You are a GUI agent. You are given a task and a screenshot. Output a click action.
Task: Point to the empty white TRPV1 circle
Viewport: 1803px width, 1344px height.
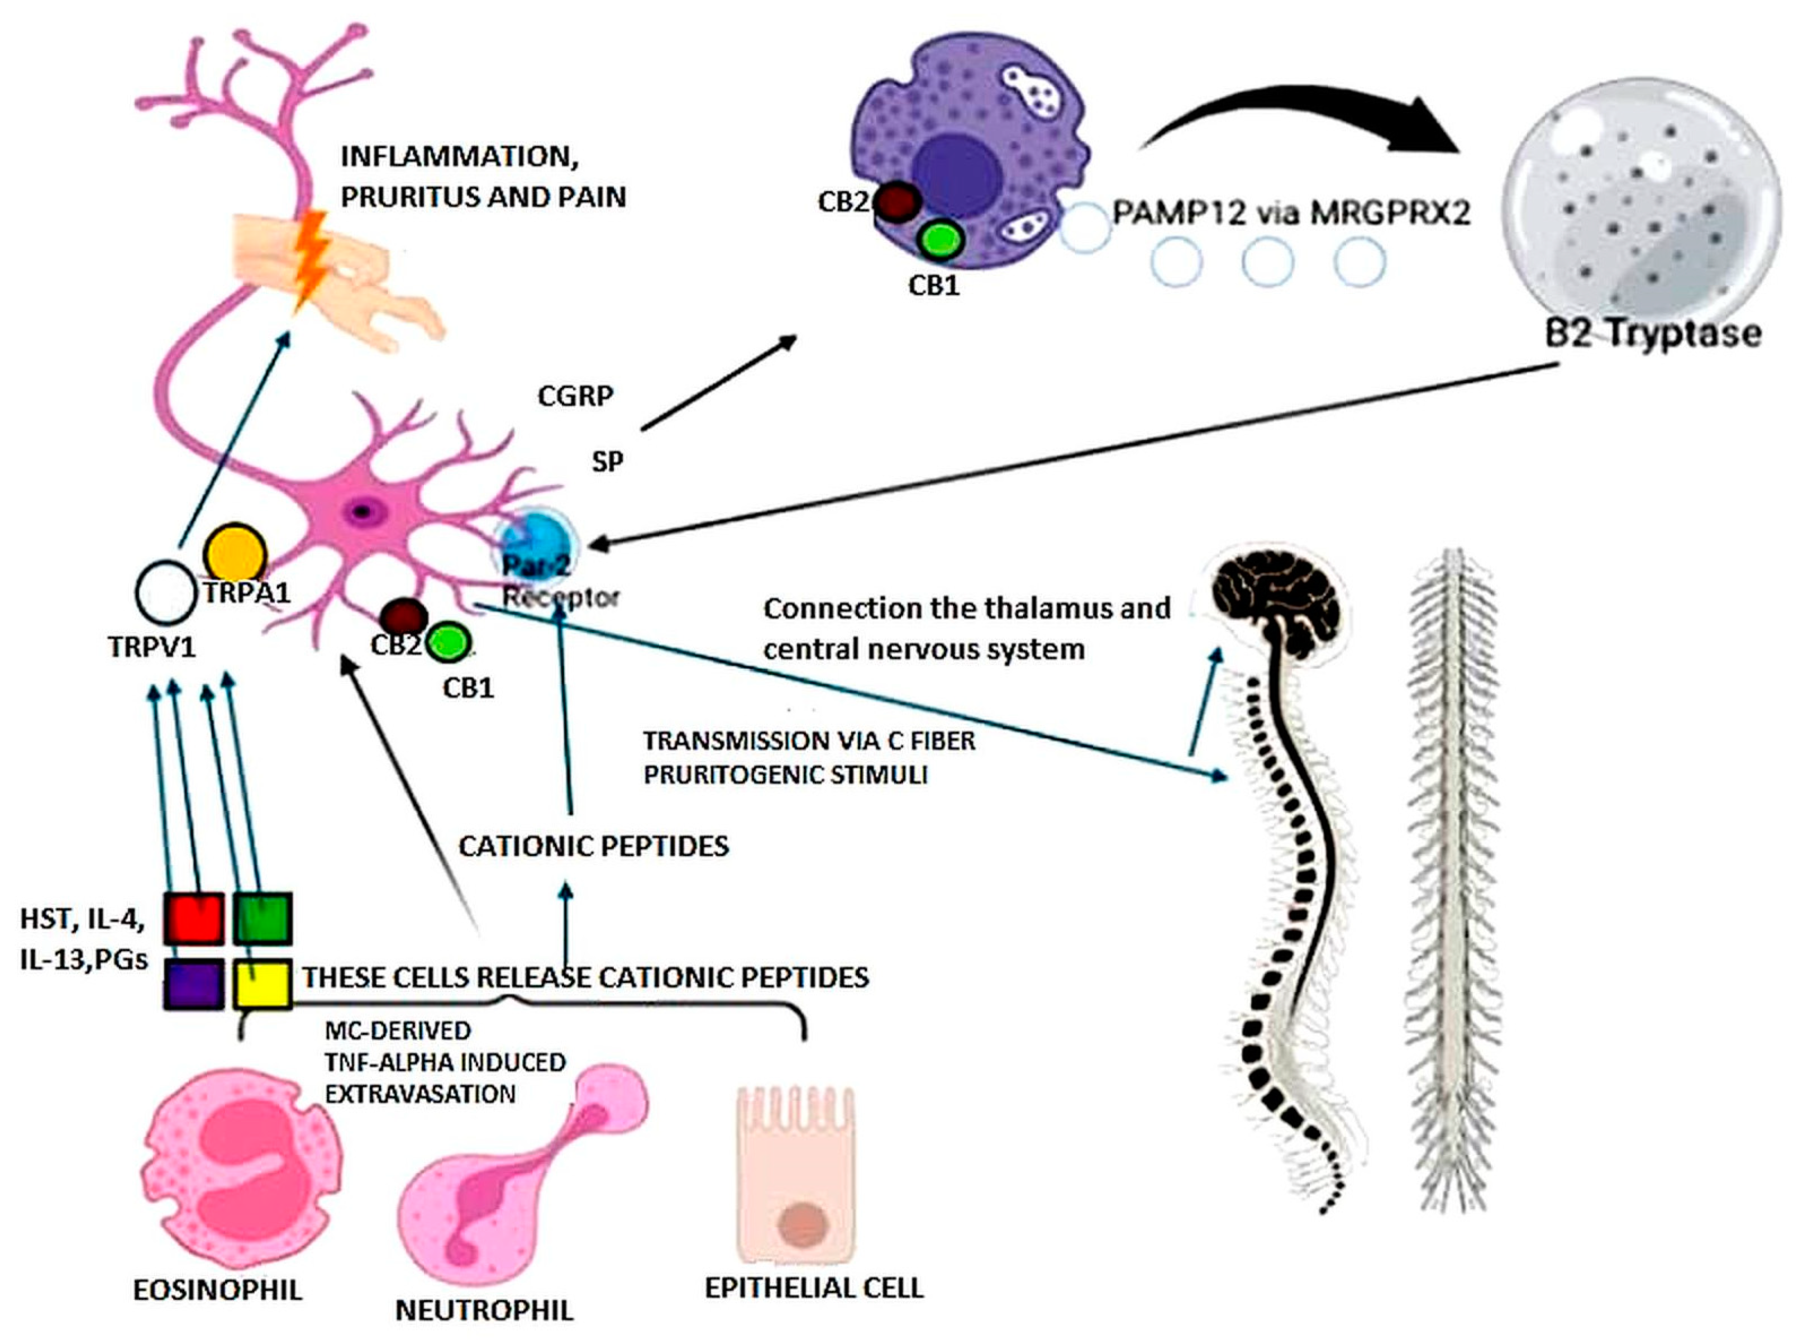pyautogui.click(x=165, y=594)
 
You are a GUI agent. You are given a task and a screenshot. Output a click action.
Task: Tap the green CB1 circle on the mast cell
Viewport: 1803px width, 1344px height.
pyautogui.click(x=940, y=239)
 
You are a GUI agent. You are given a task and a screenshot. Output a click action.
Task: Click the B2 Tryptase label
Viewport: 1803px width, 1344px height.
pyautogui.click(x=1652, y=334)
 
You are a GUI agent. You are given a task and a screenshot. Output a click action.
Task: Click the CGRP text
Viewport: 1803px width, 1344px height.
pyautogui.click(x=575, y=396)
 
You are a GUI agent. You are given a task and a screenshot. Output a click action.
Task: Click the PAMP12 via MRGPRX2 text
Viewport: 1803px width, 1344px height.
pyautogui.click(x=1291, y=213)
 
